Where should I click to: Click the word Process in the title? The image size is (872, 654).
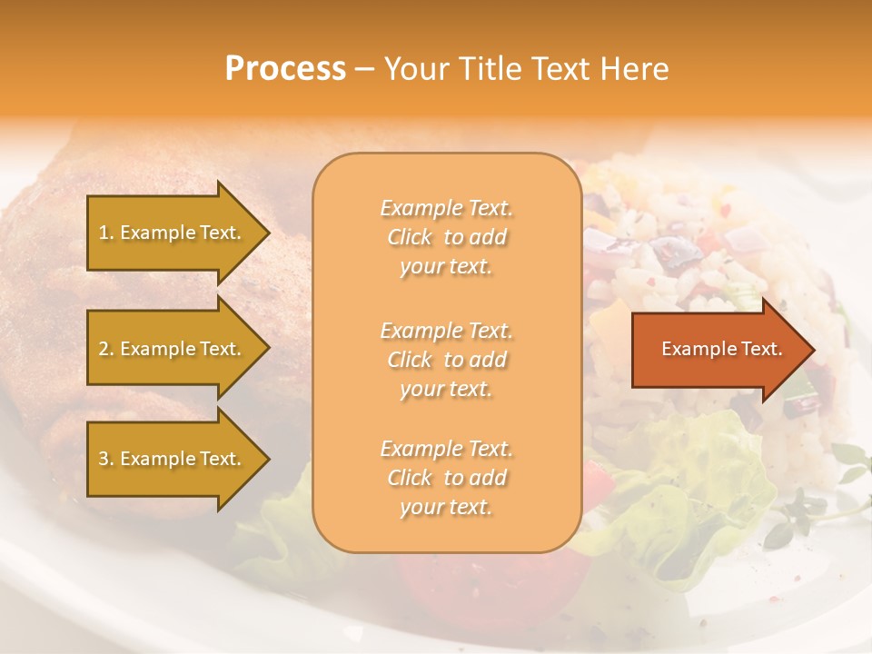(x=285, y=68)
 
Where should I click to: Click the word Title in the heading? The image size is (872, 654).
(x=490, y=68)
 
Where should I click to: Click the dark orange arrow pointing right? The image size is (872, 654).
(x=718, y=350)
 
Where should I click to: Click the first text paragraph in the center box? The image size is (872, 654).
(x=447, y=237)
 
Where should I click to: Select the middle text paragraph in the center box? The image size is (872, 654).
(x=447, y=360)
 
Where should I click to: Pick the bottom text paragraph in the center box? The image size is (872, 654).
(x=447, y=478)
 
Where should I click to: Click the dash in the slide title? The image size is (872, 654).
(x=365, y=70)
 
